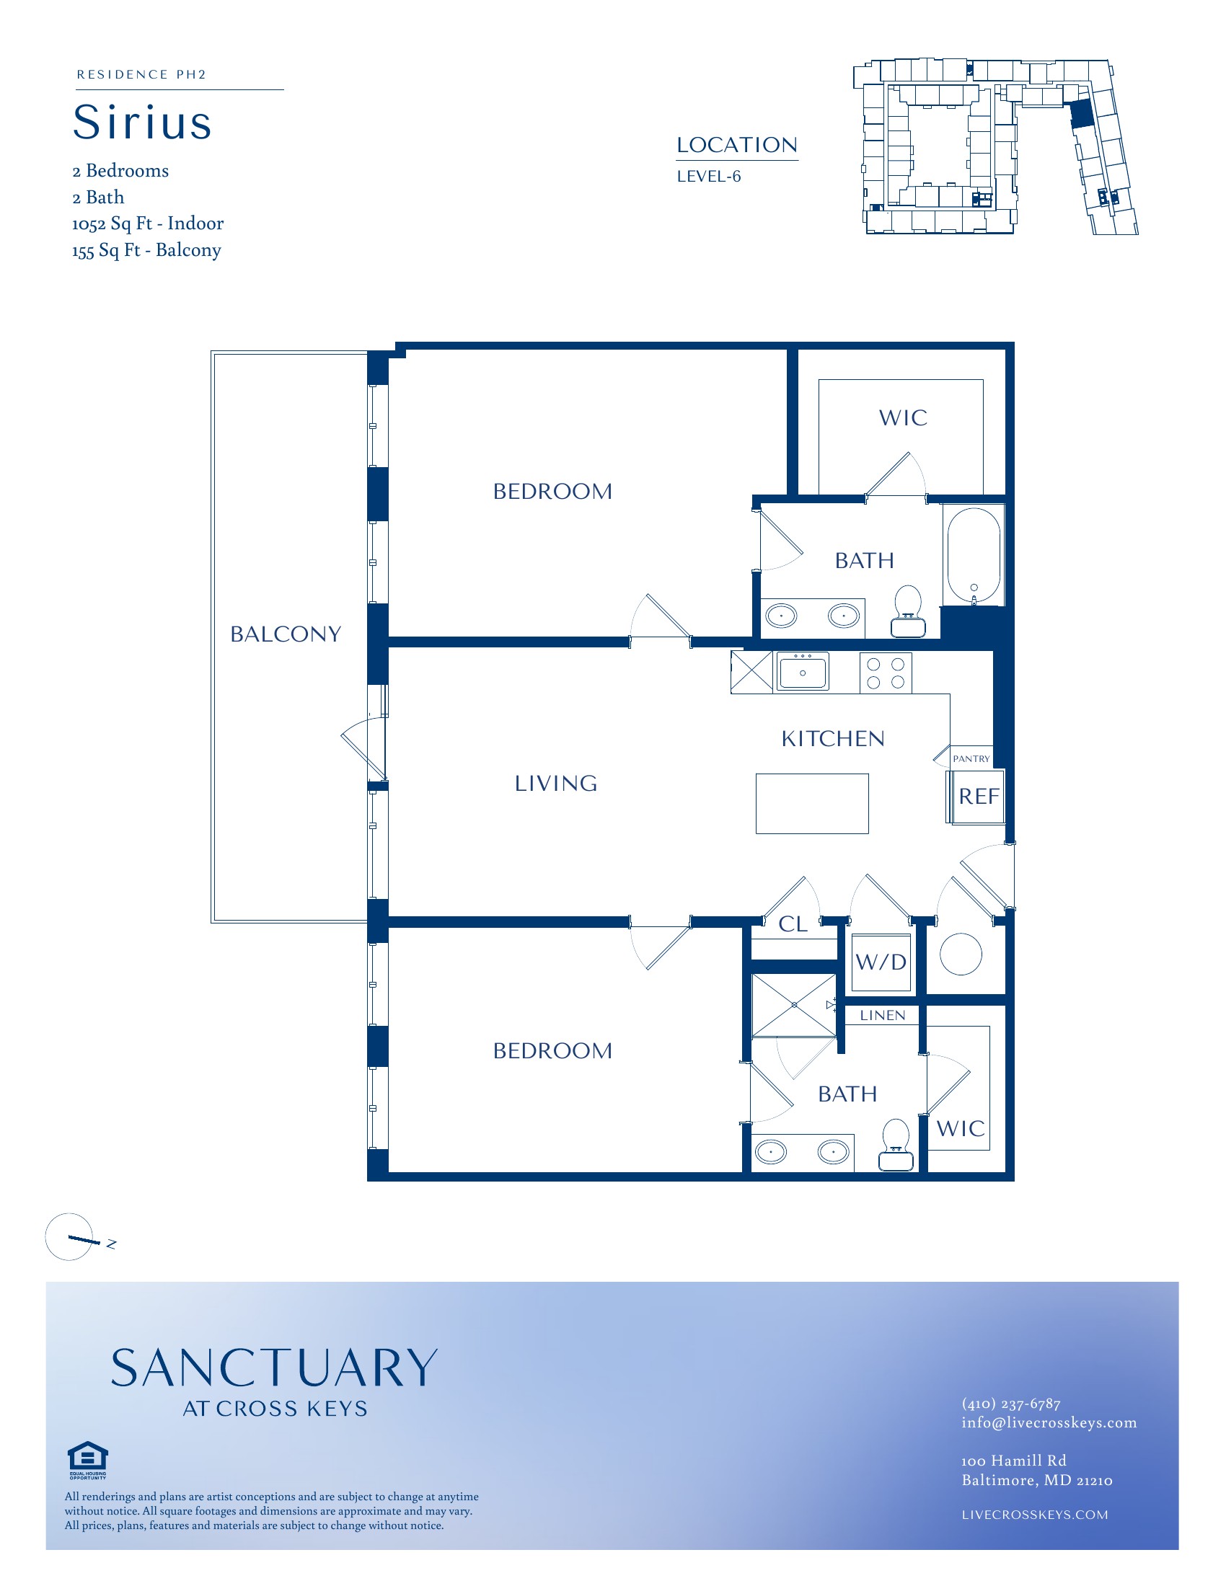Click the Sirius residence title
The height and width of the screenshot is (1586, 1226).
click(x=142, y=121)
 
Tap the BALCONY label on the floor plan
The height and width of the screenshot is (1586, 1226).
click(x=286, y=634)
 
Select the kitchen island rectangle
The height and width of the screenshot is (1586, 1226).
click(x=812, y=803)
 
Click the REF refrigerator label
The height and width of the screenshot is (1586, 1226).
click(x=979, y=797)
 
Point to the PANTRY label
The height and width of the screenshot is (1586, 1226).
click(x=971, y=759)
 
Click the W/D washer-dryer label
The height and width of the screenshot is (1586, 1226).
click(x=881, y=962)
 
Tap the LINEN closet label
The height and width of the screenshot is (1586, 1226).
click(x=883, y=1015)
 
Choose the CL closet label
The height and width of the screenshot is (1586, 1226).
click(x=793, y=924)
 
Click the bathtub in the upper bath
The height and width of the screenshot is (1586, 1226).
click(x=974, y=556)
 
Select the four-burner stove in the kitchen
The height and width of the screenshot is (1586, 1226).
click(x=886, y=673)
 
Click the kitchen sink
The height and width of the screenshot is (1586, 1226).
click(x=803, y=672)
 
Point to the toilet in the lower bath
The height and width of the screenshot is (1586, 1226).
click(x=896, y=1145)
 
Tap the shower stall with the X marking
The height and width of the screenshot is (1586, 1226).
click(x=794, y=1005)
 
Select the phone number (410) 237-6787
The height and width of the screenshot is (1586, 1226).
click(x=1011, y=1404)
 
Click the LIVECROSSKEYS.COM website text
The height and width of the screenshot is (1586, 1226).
click(x=1035, y=1515)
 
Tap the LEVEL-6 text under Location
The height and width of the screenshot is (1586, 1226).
click(x=709, y=177)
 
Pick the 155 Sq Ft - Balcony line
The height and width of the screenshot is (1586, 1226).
click(x=146, y=251)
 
